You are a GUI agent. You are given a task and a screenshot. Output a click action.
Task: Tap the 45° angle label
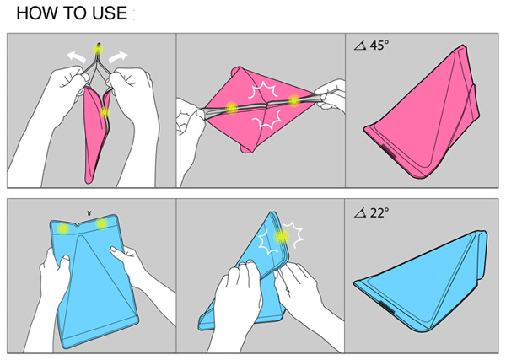coord(379,46)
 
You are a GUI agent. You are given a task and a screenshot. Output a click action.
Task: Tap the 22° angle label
coord(379,213)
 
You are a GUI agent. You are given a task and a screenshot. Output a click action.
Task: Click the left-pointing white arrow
coord(76,57)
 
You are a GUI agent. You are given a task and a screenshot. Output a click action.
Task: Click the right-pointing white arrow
coord(118,57)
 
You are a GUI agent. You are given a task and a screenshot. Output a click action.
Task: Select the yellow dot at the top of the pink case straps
coord(98,50)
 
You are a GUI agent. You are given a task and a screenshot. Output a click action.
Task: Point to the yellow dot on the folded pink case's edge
coord(105,112)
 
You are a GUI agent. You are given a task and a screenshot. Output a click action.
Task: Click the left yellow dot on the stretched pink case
coord(231,108)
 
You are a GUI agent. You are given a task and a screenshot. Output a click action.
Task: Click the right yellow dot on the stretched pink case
coord(294,100)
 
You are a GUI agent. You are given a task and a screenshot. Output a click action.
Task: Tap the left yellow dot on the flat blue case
coord(63,228)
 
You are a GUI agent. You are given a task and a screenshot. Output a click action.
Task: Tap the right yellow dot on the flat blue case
coord(102,223)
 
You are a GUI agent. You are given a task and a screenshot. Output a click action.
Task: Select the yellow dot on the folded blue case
coord(282,237)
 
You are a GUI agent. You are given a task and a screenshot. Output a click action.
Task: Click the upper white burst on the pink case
coord(263,90)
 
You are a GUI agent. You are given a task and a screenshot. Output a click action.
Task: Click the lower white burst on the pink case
coord(266,120)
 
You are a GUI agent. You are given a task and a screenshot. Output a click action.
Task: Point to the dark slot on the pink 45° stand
coord(389,151)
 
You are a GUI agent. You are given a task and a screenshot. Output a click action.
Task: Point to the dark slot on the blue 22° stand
coord(386,306)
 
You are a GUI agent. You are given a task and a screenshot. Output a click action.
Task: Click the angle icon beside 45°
coord(360,46)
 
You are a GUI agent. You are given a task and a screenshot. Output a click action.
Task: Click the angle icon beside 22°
coord(360,213)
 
